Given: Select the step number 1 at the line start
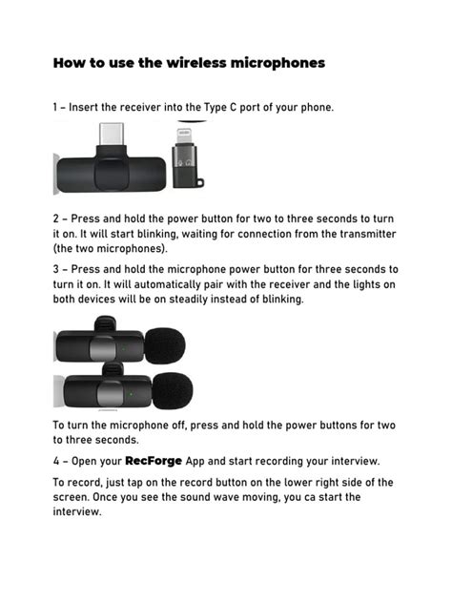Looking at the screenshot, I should click(x=55, y=108).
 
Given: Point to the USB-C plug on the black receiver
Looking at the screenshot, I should click(x=113, y=136).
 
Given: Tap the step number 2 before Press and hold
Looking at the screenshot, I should click(x=55, y=218).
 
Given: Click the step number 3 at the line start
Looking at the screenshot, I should click(x=55, y=269).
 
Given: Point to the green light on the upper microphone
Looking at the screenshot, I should click(x=121, y=347).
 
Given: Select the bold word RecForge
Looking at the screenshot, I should click(x=154, y=461).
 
